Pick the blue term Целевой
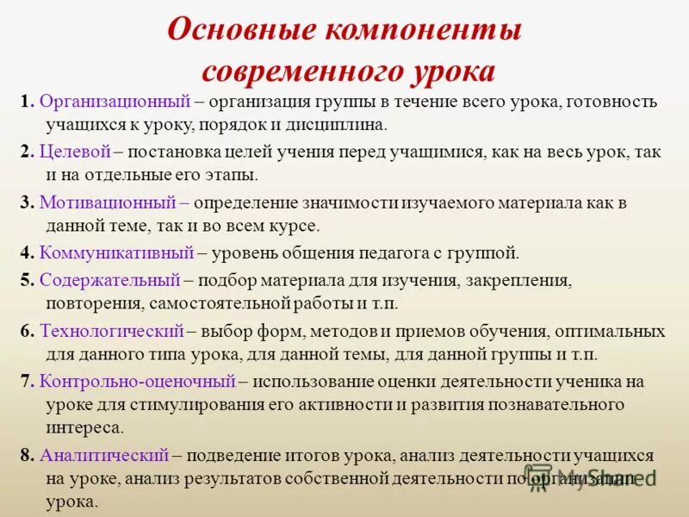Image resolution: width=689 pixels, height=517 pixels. (75, 152)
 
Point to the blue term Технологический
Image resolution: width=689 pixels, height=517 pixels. (112, 331)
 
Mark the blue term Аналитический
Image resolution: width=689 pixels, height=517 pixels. (104, 456)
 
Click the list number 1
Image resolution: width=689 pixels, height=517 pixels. (26, 101)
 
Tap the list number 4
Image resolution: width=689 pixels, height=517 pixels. (25, 253)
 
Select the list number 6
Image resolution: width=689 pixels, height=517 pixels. (25, 331)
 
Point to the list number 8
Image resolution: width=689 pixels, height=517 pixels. (25, 456)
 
